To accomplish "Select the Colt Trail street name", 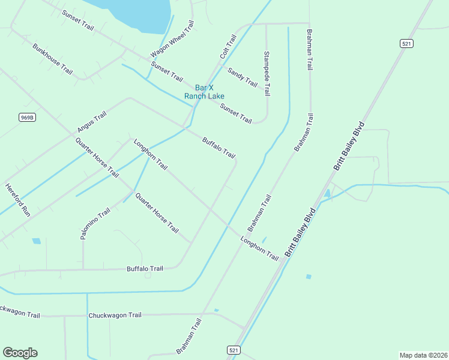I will [x=228, y=46].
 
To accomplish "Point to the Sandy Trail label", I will [x=242, y=77].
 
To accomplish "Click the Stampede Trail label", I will [x=267, y=74].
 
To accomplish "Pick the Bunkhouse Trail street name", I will [x=53, y=59].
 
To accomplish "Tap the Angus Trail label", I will [x=91, y=122].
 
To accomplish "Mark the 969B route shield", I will [x=27, y=117].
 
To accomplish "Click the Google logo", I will [x=20, y=353].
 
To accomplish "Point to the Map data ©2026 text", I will [x=423, y=355].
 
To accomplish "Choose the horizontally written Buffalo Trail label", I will [x=145, y=269].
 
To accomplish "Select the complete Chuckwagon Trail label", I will [x=115, y=315].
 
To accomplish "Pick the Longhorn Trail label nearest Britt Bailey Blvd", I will [x=260, y=249].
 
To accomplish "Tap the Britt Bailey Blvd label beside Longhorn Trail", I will [x=301, y=233].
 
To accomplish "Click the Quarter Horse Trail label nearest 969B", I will [x=97, y=158].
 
